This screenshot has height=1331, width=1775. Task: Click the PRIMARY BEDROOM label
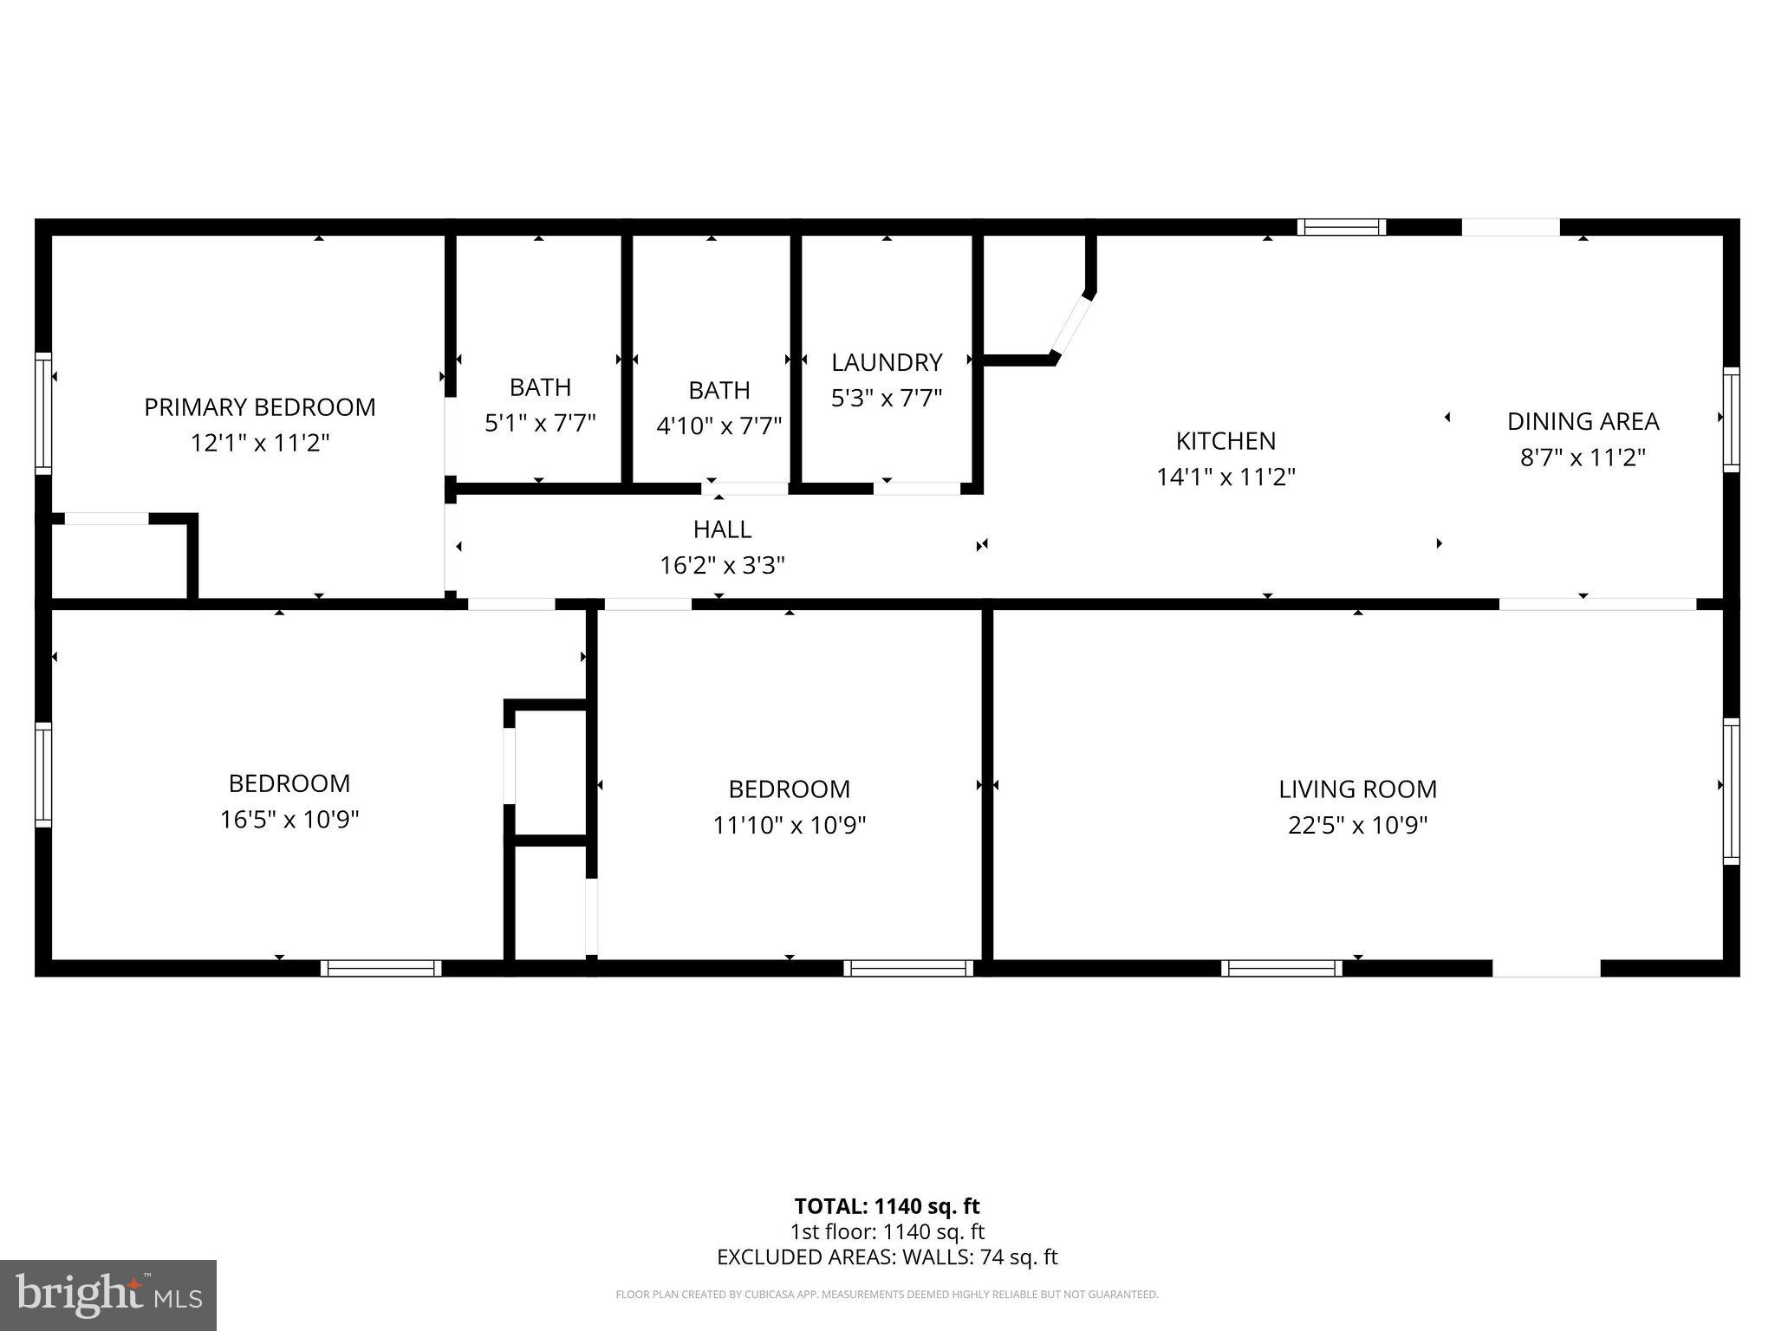click(x=259, y=407)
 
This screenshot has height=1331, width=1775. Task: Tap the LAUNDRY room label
click(x=886, y=362)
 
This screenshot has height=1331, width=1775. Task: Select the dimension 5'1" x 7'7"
click(x=540, y=424)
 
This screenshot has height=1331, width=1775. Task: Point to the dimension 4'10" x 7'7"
click(x=718, y=426)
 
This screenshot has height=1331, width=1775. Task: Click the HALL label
click(x=722, y=529)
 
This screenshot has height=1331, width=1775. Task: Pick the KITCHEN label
click(x=1225, y=441)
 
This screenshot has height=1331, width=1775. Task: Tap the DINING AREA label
click(x=1583, y=421)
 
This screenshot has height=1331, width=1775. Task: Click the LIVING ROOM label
click(x=1357, y=789)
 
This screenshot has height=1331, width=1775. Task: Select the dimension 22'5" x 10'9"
click(x=1357, y=826)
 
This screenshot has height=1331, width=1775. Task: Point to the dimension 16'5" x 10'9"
click(x=289, y=820)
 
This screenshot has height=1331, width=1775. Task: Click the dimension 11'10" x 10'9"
click(x=789, y=826)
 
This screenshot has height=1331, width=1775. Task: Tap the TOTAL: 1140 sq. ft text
click(x=887, y=1206)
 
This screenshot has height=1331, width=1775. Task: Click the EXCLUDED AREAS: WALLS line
click(x=887, y=1256)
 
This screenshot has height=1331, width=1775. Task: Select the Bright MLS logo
click(x=108, y=1295)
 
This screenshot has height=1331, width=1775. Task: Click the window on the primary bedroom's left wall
click(x=42, y=413)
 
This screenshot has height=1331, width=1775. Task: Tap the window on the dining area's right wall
click(x=1730, y=419)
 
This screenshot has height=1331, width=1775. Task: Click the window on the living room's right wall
click(x=1730, y=790)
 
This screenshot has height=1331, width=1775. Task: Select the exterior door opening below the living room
click(x=1545, y=968)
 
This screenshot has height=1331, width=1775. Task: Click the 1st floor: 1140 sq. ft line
click(x=887, y=1231)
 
